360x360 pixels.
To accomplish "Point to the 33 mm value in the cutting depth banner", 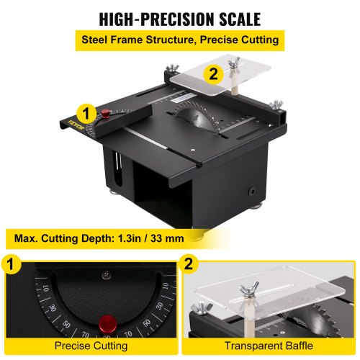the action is coord(167,238).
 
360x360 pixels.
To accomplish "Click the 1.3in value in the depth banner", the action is coord(131,238).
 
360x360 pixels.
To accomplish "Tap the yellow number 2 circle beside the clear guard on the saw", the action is coord(213,73).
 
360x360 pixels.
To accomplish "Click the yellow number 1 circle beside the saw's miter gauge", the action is coord(86,113).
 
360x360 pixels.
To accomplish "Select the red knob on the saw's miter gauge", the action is coord(105,114).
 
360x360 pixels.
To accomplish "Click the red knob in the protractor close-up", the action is coord(108,323).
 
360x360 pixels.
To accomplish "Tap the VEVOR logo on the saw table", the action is coord(76,125).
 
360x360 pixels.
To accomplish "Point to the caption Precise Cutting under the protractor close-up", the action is coord(91,346).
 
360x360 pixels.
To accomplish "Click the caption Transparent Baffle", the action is coord(269,346).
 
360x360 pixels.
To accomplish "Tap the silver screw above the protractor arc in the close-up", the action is coord(107,275).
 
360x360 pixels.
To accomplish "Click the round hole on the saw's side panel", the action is coord(252,192).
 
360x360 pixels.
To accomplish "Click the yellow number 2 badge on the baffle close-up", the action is coord(189,264).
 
